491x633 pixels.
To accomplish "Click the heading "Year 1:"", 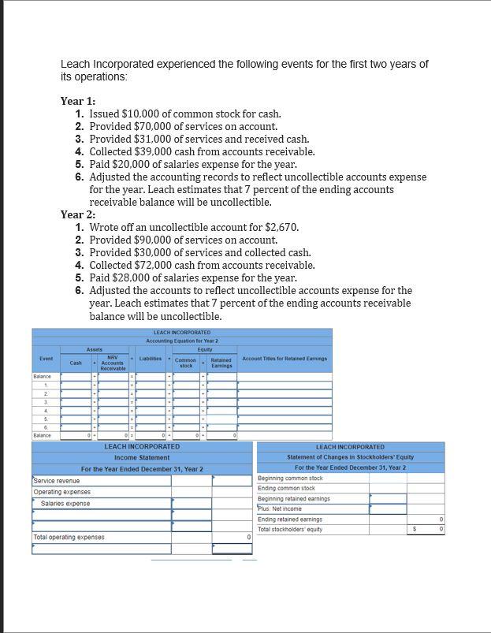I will [x=78, y=101].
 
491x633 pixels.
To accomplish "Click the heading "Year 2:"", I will [x=78, y=214].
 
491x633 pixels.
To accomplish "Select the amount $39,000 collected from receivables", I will [x=156, y=151].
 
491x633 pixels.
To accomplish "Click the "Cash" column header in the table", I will [x=76, y=363].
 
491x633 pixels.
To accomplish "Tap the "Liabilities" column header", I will [x=151, y=359].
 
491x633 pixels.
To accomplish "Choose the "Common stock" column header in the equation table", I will [x=186, y=363].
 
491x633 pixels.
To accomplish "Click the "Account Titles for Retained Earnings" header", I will [x=273, y=359].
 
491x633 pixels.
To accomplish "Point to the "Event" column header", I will [x=46, y=359].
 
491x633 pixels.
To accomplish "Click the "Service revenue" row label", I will [x=57, y=481].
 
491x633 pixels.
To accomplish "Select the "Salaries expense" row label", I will [x=65, y=503].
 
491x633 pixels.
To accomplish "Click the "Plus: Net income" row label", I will [x=280, y=508].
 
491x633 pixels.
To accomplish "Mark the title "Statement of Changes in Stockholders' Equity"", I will [x=350, y=457].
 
